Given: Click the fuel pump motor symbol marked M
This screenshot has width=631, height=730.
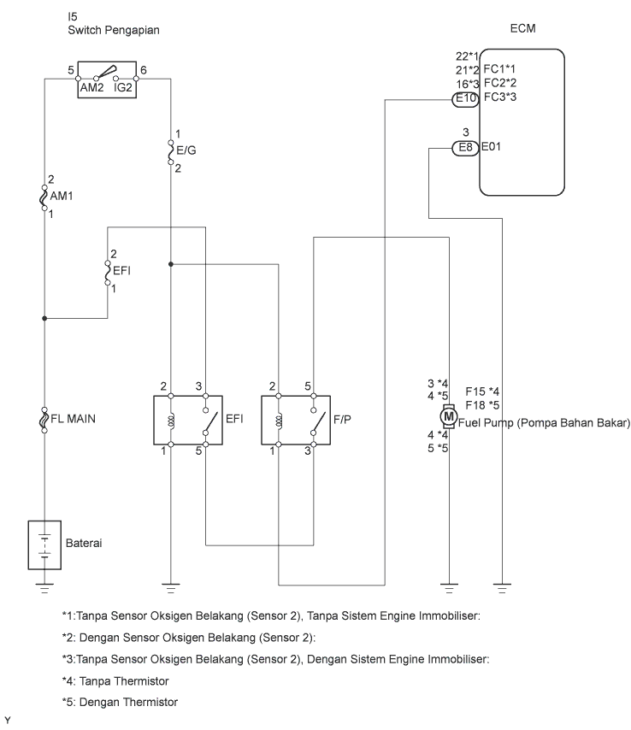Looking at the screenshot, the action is pos(448,415).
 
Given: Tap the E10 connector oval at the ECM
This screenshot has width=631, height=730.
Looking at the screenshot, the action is pos(465,98).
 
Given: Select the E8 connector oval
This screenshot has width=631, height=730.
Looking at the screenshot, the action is pos(465,148).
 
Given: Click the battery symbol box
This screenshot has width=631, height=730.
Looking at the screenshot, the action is pos(44,545).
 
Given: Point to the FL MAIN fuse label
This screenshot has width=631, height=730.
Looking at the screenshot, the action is pos(73,419).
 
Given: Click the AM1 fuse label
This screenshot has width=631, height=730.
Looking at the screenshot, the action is pos(62,196).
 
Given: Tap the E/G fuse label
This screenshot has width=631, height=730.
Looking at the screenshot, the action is pos(186,150).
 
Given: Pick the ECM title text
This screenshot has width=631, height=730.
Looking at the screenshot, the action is pos(522,28).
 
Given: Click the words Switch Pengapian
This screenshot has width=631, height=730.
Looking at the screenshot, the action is pos(114,30).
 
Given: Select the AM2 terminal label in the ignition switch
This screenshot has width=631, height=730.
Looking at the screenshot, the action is pos(91,87).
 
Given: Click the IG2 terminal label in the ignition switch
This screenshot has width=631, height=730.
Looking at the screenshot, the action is pos(123,87).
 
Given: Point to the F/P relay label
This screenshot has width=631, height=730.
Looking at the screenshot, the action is pos(342,420).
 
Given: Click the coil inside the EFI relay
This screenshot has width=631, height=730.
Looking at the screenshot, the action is pos(171,421).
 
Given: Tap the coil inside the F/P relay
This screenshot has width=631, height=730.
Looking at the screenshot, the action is pos(279,421).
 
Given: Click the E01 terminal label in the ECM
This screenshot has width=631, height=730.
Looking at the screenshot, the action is pos(491,147).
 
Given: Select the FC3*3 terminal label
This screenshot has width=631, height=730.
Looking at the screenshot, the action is pos(500,97).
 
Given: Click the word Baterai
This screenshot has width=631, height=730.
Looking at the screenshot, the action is pos(84,544).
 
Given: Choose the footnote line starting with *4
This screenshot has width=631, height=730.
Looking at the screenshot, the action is pos(115,681).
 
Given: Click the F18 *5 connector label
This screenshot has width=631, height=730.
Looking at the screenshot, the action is pos(482,405).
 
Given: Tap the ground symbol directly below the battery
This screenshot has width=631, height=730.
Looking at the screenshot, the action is pos(44,588).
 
